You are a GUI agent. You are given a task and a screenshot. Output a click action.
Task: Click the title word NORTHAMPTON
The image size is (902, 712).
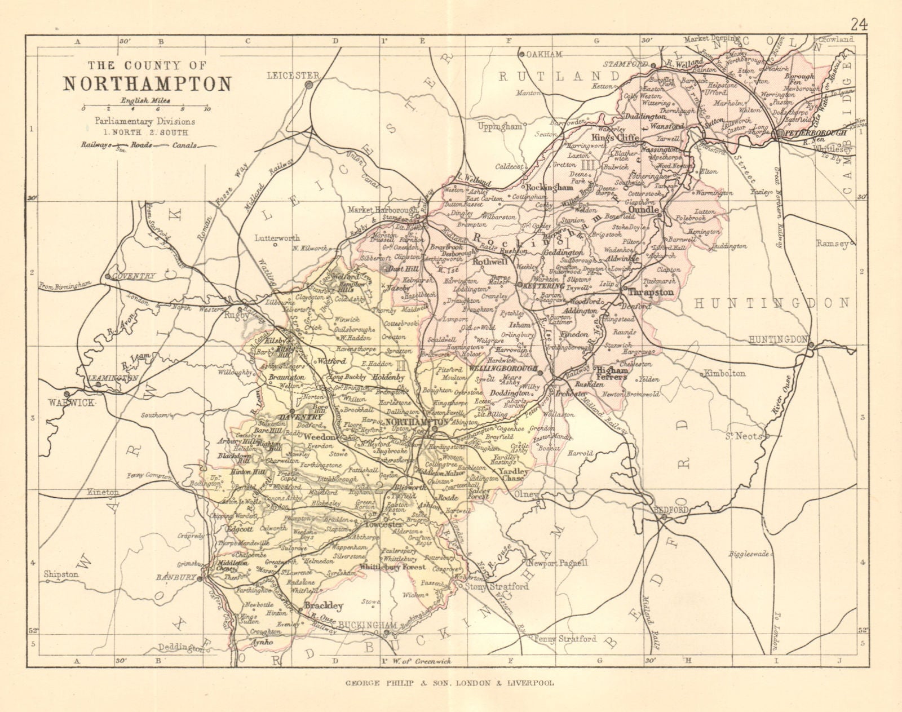coord(147,83)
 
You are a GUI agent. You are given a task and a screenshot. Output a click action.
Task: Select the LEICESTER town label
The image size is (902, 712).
coord(285,75)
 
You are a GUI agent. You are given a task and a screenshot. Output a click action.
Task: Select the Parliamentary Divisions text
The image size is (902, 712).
coord(145,121)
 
